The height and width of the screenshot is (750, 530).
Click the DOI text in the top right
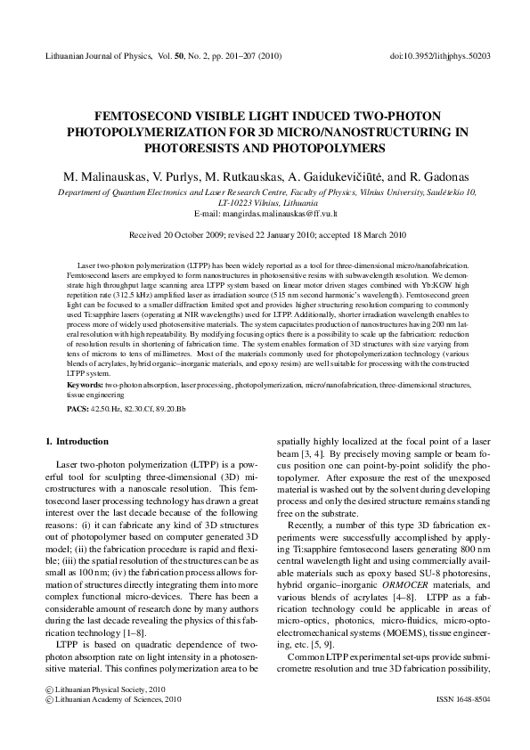(441, 55)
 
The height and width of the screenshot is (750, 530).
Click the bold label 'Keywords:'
(86, 384)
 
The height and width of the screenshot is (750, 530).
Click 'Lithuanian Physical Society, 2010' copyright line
(104, 689)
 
